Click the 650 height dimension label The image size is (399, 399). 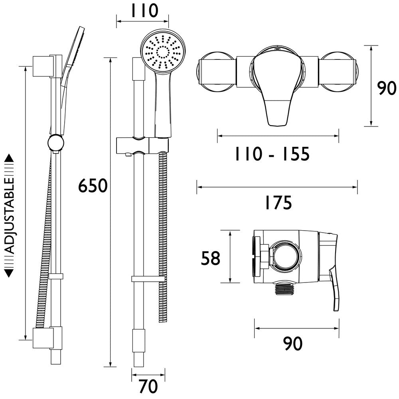pos(93,186)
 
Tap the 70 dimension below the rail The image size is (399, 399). pos(148,386)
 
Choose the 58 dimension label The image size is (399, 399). pos(210,258)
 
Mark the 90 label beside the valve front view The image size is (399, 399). pos(387,89)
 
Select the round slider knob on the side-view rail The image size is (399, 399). pos(55,143)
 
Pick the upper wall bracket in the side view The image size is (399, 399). pos(42,66)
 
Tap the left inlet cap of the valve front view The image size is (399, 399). pos(215,72)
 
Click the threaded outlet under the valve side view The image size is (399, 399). pos(285,289)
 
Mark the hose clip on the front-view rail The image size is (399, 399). pos(148,279)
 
